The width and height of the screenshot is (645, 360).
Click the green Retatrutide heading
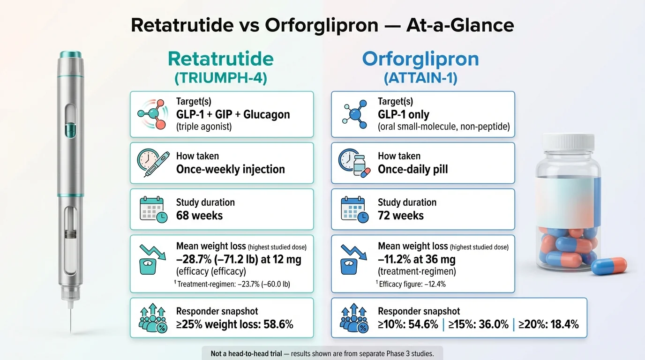221,60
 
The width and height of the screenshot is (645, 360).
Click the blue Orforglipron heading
420,60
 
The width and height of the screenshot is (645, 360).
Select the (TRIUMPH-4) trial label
221,78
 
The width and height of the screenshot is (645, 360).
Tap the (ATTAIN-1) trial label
420,78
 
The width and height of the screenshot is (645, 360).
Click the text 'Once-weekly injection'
230,169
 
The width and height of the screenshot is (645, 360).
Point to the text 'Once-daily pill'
412,169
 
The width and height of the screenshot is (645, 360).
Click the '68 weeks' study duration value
199,216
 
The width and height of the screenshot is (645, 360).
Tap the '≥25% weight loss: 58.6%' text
234,324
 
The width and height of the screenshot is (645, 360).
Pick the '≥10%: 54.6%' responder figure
408,324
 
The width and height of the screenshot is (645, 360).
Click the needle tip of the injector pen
71,328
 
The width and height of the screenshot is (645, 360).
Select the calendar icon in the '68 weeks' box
153,209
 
